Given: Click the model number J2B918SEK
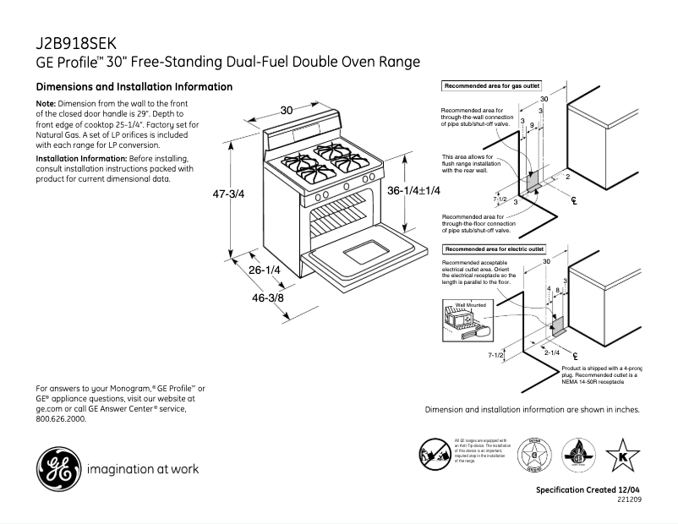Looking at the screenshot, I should click(75, 43).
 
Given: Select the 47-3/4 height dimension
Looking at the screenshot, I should click(227, 194).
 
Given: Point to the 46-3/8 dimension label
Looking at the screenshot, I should click(267, 298).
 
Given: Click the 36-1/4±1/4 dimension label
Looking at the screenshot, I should click(413, 192).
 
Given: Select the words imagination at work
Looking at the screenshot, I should click(143, 469).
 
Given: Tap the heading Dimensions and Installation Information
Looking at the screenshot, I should click(134, 87).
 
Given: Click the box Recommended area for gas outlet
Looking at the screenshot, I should click(491, 86).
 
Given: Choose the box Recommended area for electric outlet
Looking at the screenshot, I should click(494, 249).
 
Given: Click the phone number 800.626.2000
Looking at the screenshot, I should click(61, 418).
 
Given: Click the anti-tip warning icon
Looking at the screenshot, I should click(435, 455).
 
